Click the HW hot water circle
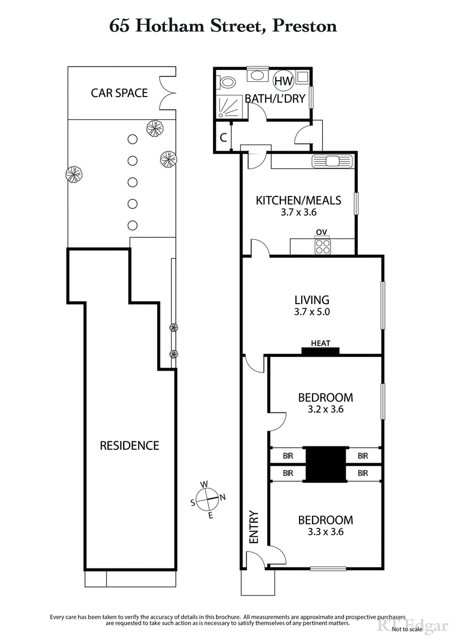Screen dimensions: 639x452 point(283,81)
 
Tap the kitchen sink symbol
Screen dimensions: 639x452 point(332,161)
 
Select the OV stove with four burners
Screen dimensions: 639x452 point(323,246)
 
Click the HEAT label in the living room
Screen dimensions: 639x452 point(320,343)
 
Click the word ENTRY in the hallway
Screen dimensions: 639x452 point(253,528)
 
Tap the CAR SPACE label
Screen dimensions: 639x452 point(119,93)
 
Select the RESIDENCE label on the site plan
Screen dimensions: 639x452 point(129,445)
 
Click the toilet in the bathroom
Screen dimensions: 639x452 point(227,82)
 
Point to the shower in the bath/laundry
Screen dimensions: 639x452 point(229,106)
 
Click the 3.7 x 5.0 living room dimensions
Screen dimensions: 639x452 point(312,312)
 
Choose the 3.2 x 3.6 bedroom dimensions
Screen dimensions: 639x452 point(325,409)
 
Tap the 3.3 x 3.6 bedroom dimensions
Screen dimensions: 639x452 point(325,531)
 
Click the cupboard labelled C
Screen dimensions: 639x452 point(223,137)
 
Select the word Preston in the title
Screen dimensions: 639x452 point(305,25)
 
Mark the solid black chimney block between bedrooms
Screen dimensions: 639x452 point(324,464)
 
